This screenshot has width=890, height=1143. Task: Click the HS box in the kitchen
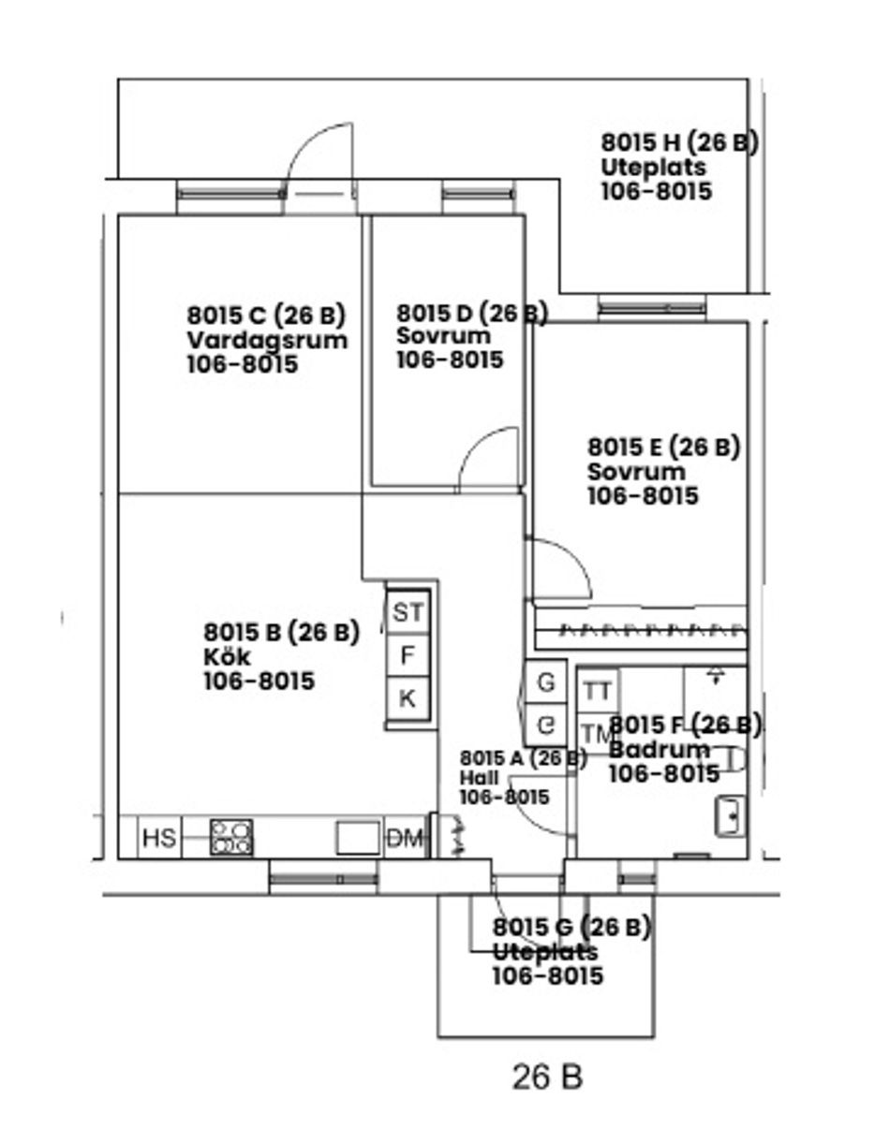click(x=158, y=837)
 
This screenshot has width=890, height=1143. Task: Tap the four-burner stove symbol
click(x=231, y=837)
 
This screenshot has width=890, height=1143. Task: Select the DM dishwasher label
click(x=405, y=839)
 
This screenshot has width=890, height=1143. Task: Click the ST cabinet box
click(x=408, y=613)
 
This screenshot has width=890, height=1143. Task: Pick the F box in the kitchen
click(x=408, y=655)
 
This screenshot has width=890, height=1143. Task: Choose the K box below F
click(x=408, y=698)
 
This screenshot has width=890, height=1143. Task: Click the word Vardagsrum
click(x=267, y=340)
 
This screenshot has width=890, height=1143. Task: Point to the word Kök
click(x=227, y=657)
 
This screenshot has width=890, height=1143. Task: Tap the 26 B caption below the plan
click(x=547, y=1077)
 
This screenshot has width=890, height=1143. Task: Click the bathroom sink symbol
click(x=730, y=816)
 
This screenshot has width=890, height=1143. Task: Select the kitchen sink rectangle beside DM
click(x=358, y=837)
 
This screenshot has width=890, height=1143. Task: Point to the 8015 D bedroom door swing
click(x=489, y=459)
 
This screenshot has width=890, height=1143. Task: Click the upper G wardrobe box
click(x=545, y=682)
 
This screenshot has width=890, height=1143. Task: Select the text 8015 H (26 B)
click(x=679, y=142)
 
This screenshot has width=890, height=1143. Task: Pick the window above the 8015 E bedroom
click(x=651, y=307)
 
